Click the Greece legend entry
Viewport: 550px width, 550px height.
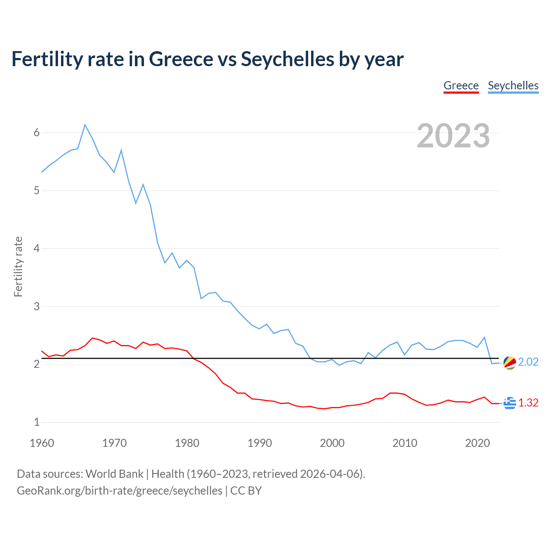point(461,86)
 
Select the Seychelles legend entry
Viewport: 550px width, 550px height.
point(513,86)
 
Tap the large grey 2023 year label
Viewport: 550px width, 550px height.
point(453,135)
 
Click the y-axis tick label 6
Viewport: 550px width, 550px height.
point(37,132)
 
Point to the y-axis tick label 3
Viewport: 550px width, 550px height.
point(37,306)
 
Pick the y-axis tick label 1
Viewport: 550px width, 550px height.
point(37,422)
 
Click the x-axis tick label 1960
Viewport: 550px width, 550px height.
point(42,443)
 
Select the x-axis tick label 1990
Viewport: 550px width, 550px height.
point(260,443)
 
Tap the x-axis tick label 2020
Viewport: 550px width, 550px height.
point(477,443)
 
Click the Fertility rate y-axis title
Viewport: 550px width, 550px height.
point(18,266)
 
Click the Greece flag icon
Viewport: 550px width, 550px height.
point(510,403)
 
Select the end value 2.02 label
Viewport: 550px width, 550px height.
point(528,362)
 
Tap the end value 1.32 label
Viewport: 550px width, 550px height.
point(528,403)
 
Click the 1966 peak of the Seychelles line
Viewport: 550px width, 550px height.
point(85,125)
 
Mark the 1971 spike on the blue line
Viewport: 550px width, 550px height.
point(122,150)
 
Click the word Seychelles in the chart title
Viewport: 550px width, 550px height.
point(287,59)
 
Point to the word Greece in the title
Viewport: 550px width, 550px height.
point(180,59)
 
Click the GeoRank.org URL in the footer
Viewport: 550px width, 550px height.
point(119,490)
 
